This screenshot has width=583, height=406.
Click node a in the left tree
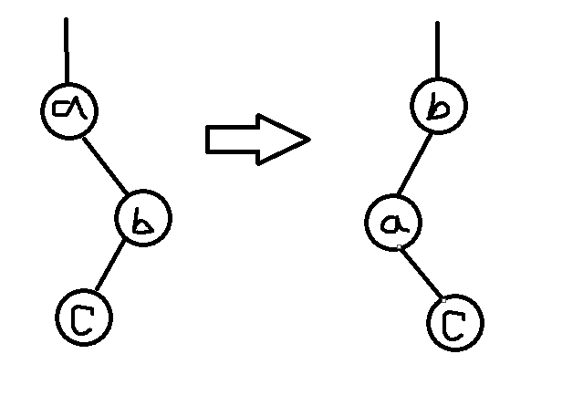point(69,109)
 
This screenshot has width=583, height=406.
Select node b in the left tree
point(143,219)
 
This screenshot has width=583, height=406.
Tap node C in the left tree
point(83,316)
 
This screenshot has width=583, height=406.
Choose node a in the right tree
point(394,223)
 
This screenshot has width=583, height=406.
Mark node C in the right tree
point(454,321)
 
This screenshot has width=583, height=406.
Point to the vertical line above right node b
point(438,50)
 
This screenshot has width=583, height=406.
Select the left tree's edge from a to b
point(106,164)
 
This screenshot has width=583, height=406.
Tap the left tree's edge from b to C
point(113,267)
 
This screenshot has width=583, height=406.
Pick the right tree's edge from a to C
point(425,273)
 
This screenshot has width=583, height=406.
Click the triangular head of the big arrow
point(285,140)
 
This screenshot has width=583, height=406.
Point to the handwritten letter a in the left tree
point(69,109)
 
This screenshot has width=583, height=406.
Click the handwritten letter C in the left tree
point(83,317)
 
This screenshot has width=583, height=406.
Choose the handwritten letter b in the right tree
point(440,109)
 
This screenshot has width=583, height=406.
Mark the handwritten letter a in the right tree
point(393,224)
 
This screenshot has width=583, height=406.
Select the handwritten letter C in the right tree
point(454,322)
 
